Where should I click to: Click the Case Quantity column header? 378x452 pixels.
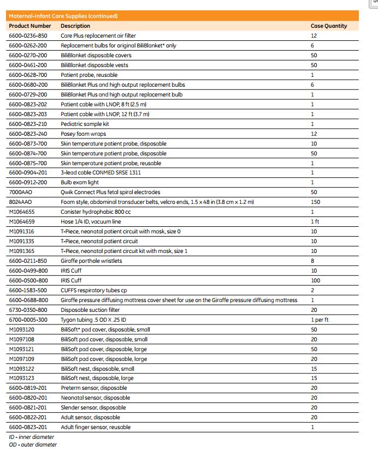coord(328,26)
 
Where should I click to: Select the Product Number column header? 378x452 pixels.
coord(30,26)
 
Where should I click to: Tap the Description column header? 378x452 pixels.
coord(75,26)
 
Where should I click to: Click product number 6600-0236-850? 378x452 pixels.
coord(28,35)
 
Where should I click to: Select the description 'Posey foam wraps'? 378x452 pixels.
coord(83,134)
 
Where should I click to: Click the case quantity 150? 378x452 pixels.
coord(315,202)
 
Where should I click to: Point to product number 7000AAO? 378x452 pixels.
coord(21,192)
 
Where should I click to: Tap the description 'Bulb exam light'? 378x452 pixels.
coord(80,183)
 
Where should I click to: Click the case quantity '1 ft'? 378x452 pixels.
coord(315,222)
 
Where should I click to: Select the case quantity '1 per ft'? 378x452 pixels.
coord(319,320)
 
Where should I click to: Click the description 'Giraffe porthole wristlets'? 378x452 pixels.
coord(91,261)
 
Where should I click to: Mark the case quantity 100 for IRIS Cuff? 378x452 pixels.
coord(315,280)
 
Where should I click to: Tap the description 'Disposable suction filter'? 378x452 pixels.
coord(90,310)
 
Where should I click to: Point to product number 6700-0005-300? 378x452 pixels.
coord(28,320)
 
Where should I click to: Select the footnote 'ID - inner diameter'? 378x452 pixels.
coord(31,437)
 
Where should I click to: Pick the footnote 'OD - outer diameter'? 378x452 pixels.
coord(32,444)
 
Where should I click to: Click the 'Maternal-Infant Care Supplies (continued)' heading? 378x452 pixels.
coord(63,16)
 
